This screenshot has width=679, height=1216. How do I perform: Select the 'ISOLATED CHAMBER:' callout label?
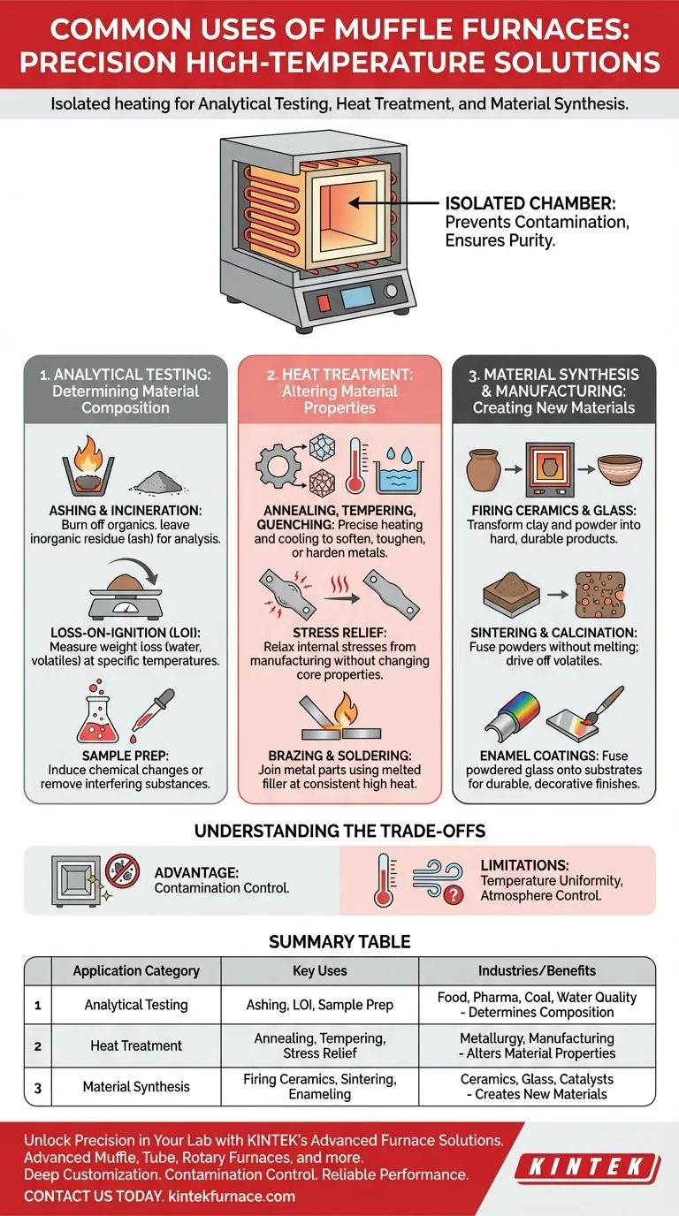tap(512, 202)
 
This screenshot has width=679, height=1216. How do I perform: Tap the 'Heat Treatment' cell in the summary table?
tap(136, 1045)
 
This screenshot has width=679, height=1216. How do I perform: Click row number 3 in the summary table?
tap(37, 1088)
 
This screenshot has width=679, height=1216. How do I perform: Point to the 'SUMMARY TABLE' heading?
tap(339, 942)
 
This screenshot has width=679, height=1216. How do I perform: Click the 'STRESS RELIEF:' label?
tap(339, 633)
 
